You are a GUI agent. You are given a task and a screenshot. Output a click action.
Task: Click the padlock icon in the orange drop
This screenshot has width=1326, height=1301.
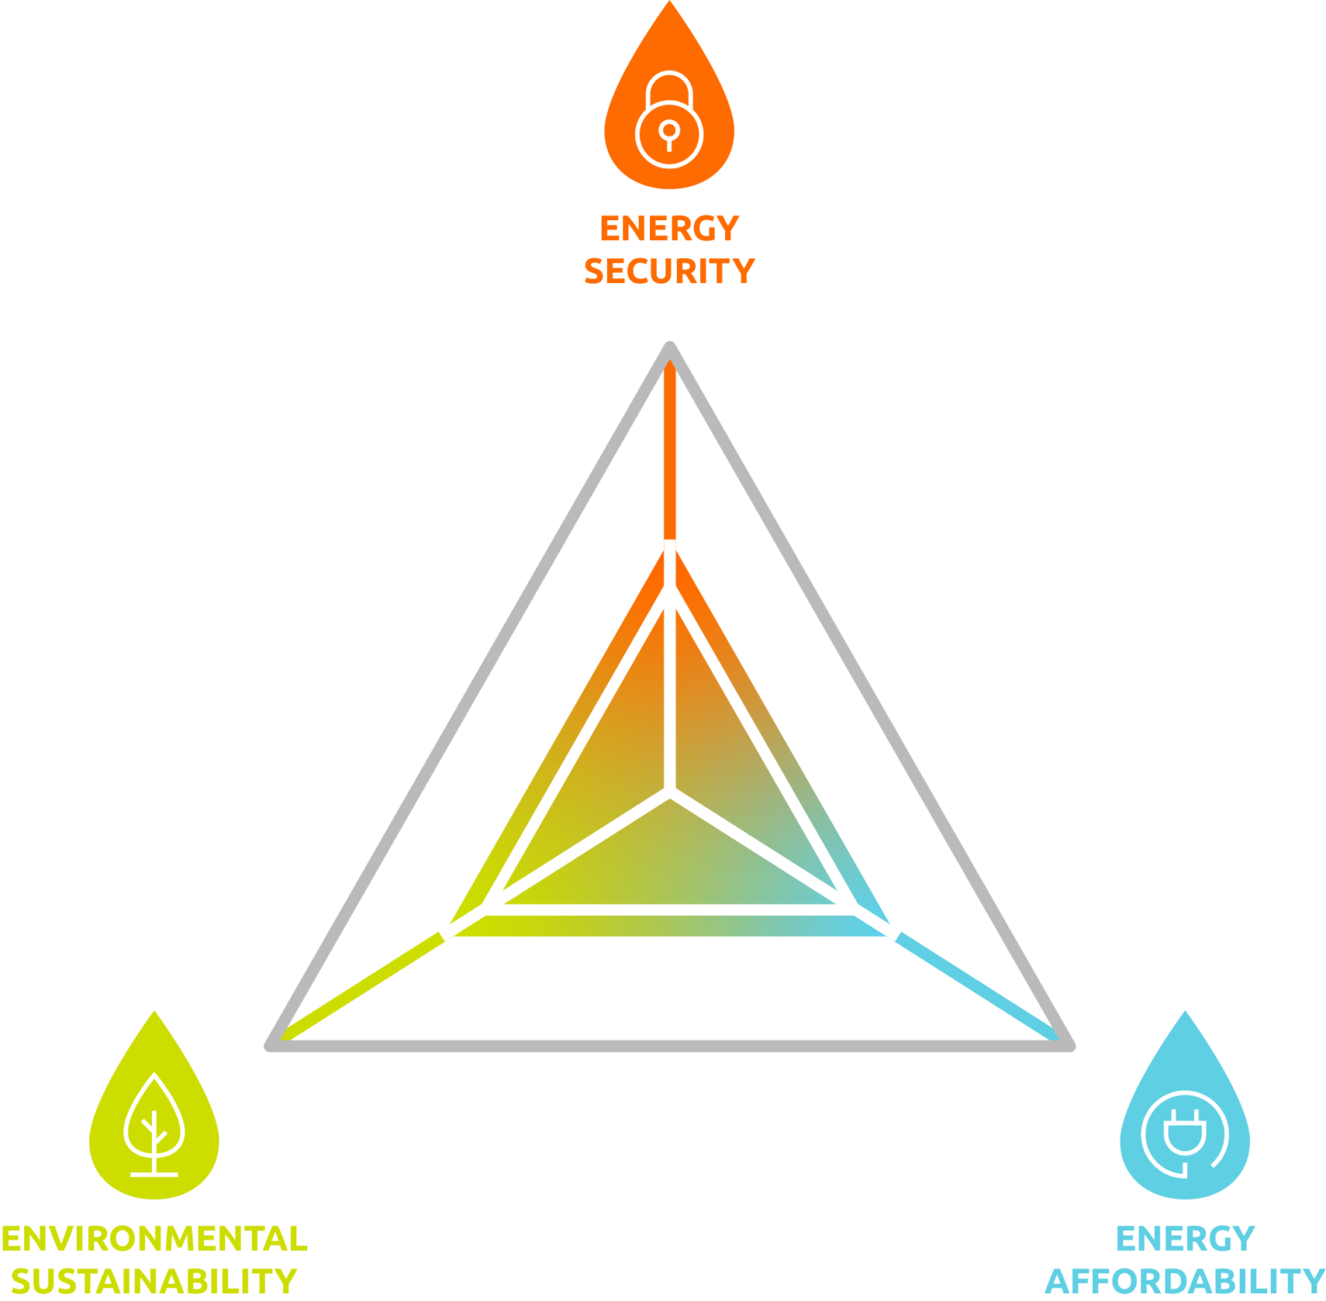tap(669, 119)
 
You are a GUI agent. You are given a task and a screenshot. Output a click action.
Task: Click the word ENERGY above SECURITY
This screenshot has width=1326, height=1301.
tap(669, 229)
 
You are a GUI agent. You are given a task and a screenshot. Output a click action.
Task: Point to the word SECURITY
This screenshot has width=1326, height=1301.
tap(669, 271)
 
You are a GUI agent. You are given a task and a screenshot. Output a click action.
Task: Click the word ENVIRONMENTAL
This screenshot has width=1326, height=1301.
tap(155, 1239)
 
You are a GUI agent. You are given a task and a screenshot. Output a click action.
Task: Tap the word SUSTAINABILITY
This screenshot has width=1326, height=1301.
tap(154, 1281)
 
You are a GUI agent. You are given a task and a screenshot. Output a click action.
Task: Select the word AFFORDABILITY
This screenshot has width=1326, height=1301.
tap(1184, 1281)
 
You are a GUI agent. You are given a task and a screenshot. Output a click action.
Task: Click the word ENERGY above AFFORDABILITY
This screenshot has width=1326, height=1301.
tap(1184, 1239)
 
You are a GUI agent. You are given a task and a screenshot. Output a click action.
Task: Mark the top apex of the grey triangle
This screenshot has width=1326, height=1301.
tap(669, 345)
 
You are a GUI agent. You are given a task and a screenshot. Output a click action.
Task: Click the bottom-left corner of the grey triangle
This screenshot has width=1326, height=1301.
tap(269, 1046)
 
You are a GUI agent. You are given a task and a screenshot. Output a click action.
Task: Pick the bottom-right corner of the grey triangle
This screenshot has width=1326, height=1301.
tap(1070, 1046)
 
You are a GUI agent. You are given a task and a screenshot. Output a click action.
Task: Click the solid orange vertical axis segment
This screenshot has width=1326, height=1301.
tap(669, 449)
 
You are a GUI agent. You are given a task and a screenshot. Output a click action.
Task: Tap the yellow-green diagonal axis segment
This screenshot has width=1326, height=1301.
tap(362, 987)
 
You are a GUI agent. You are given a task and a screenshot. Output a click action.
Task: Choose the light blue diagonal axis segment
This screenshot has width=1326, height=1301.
tap(977, 987)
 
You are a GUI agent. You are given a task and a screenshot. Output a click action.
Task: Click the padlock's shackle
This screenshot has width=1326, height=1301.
tap(669, 87)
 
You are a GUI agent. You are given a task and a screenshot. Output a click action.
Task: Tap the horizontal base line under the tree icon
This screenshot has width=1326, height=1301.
tap(154, 1175)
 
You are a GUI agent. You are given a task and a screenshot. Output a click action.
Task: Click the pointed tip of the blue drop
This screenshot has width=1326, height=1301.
tap(1184, 1012)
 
